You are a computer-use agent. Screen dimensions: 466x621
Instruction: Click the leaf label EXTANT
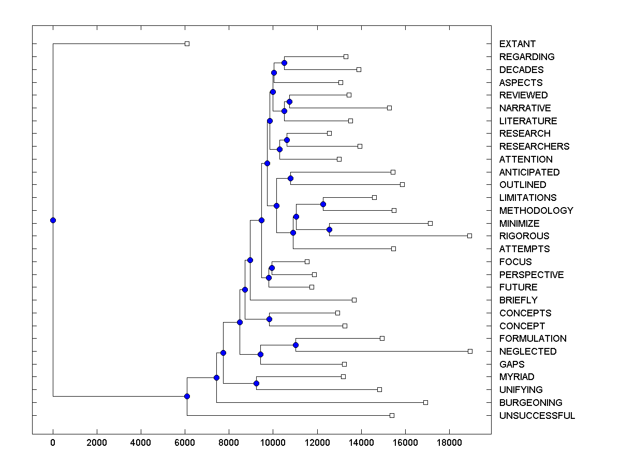coord(517,44)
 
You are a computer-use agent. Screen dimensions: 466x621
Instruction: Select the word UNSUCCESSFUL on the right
coord(537,416)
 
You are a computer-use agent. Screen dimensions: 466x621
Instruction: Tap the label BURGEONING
coord(530,403)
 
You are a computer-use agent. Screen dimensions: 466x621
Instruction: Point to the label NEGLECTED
coord(528,352)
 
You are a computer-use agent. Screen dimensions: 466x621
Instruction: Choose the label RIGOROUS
coord(524,236)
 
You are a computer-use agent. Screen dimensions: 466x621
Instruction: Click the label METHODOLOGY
coord(536,211)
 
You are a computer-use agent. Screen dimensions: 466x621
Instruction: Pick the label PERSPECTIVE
coord(531,275)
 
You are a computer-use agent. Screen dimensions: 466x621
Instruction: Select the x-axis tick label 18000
coord(449,443)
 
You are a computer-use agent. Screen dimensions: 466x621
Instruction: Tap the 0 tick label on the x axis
coord(53,443)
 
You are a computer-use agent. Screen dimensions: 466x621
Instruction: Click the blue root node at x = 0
coord(53,220)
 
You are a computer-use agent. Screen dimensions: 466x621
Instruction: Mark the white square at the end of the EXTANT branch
coord(187,43)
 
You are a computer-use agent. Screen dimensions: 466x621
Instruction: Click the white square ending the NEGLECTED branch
coord(470,351)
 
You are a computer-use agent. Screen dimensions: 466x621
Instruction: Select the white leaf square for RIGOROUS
coord(469,236)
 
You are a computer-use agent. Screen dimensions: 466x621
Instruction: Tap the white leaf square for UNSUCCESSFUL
coord(392,415)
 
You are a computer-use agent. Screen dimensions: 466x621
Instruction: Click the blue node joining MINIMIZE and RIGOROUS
coord(329,229)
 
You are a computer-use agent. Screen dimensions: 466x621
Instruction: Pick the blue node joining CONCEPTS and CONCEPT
coord(269,319)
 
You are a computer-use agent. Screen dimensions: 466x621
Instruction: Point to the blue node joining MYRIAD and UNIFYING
coord(256,383)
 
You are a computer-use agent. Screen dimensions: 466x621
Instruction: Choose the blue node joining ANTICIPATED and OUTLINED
coord(290,178)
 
